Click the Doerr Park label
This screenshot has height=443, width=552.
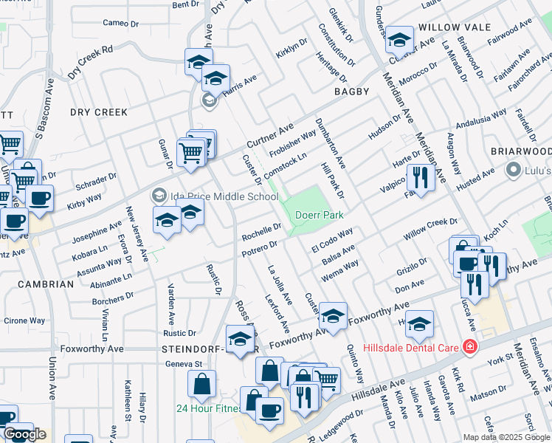click(x=320, y=215)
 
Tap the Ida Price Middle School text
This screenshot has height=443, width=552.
click(x=214, y=196)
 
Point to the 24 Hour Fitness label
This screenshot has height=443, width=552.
click(x=209, y=408)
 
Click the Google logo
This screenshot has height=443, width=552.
click(x=24, y=434)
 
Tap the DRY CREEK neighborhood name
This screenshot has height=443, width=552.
click(x=99, y=112)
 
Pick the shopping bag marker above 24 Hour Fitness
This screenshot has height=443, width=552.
click(x=201, y=383)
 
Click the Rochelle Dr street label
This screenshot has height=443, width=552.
click(x=262, y=232)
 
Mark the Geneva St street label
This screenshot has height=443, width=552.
click(x=187, y=364)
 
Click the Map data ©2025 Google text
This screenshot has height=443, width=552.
click(x=506, y=437)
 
